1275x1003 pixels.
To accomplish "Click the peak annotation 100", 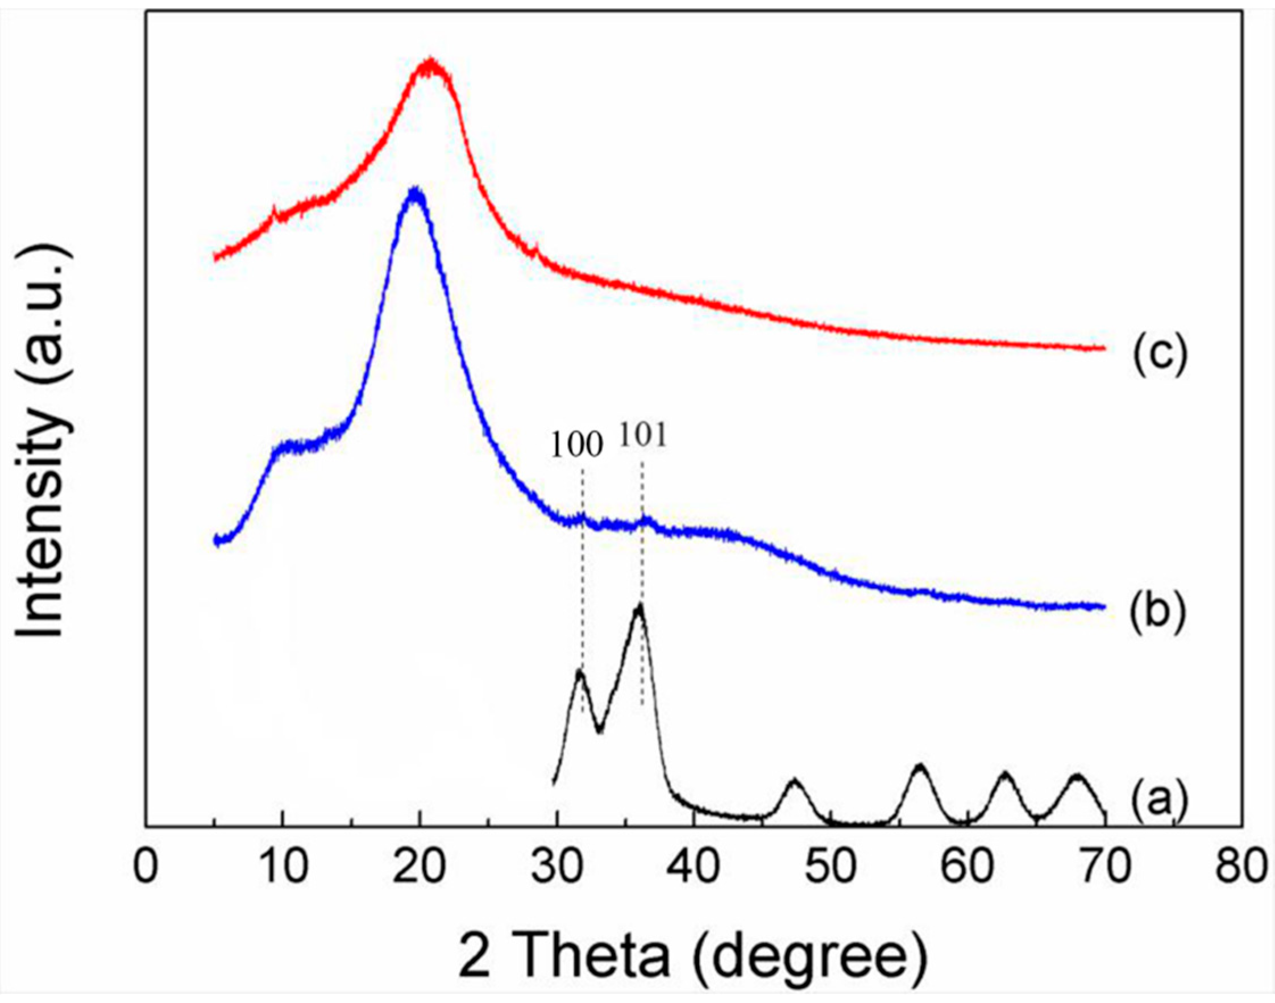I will [577, 446].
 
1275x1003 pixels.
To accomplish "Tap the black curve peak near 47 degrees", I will [794, 781].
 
